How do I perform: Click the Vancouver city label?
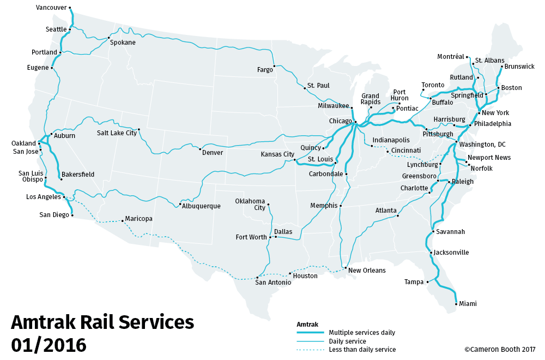coord(51,8)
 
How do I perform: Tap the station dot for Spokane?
coord(108,38)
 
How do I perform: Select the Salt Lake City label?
coord(117,133)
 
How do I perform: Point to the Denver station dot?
coord(201,149)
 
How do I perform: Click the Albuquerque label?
coord(201,206)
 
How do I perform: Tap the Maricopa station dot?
coord(123,220)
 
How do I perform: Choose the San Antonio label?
coord(272,283)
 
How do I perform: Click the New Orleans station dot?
coord(346,268)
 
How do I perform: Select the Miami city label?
coord(468,304)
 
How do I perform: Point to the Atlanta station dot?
coord(398,216)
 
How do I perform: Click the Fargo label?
coord(265,70)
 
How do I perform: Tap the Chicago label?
coord(341,121)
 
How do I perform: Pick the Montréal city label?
coord(451,57)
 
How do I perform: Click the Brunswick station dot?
coord(502,67)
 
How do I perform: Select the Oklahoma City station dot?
coord(269,205)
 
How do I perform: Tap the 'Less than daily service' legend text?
coord(362,350)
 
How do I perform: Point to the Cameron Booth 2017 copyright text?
coord(500,350)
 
